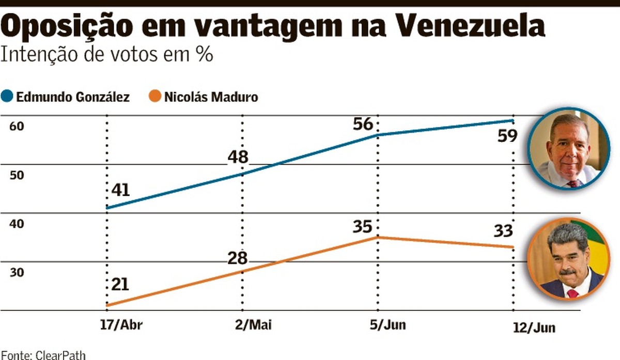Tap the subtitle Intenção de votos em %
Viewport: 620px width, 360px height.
click(x=106, y=55)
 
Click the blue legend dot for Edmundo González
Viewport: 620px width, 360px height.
click(x=8, y=97)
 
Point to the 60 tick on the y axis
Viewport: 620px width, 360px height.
click(x=17, y=126)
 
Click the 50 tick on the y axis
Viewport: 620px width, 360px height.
click(x=17, y=175)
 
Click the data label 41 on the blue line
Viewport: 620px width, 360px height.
click(x=120, y=190)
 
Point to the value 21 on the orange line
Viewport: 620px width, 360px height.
click(x=120, y=284)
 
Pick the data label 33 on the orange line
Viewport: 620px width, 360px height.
click(x=502, y=230)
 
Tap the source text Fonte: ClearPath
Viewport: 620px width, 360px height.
click(x=43, y=354)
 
